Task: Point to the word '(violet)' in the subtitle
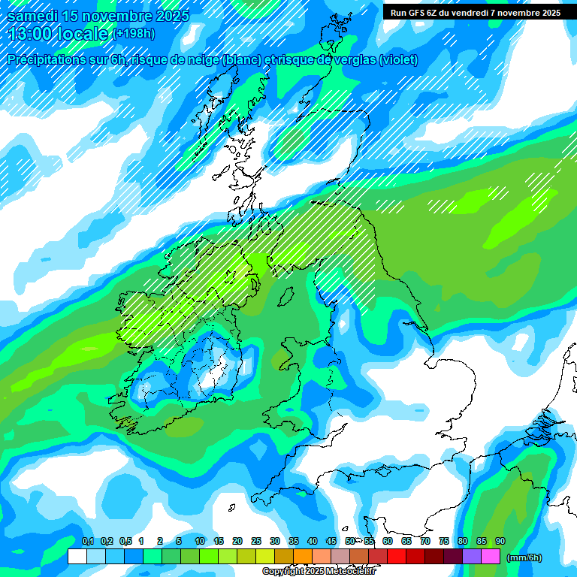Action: [399, 60]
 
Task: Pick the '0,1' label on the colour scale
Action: [87, 541]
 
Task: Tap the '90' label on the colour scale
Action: [500, 541]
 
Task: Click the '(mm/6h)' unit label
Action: [524, 557]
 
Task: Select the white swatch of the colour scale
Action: [77, 557]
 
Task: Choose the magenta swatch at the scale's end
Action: [491, 557]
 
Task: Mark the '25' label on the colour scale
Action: [256, 541]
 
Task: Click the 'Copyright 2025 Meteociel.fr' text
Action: [319, 571]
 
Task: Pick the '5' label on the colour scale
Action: [179, 541]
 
